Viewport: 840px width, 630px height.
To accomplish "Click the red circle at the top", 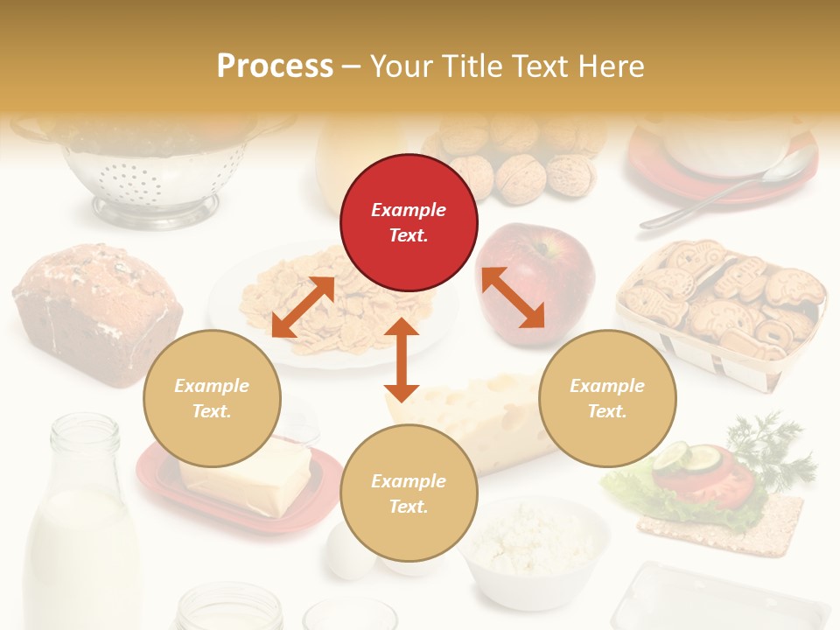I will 409,222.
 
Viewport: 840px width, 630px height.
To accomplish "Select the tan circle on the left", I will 212,398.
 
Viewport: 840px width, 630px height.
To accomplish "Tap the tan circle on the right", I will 607,398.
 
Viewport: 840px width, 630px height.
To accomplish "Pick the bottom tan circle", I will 409,493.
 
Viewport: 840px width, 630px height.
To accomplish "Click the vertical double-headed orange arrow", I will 402,360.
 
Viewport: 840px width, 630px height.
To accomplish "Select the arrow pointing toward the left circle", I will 303,307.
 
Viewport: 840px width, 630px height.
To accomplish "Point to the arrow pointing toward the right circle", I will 514,297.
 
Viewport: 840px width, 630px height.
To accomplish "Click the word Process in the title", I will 275,66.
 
